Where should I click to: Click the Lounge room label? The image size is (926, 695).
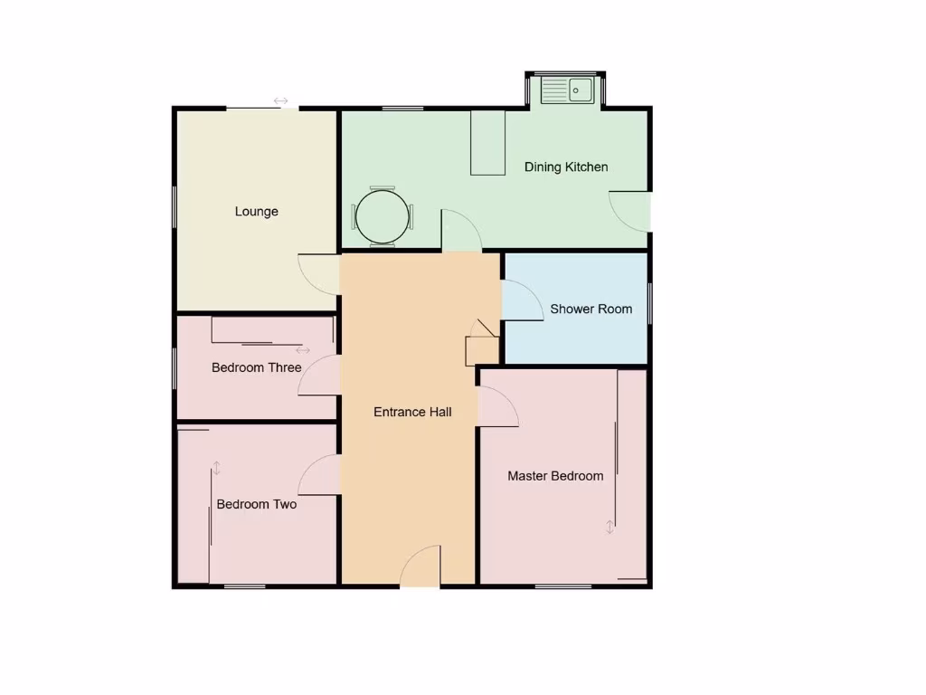pos(257,212)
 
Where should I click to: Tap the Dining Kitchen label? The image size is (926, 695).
pos(566,167)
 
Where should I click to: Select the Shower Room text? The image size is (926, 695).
pos(591,309)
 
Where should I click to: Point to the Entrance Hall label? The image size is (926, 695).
pos(412,413)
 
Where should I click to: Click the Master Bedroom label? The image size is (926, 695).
pos(555,476)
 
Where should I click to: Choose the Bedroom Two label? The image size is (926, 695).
pos(257,505)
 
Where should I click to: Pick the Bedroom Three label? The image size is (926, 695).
pos(257,368)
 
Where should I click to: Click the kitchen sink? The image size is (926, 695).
pos(567,90)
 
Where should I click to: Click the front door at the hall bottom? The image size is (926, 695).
pos(421,567)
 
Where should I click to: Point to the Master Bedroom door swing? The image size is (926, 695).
pos(496,405)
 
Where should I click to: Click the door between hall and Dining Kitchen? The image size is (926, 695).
pos(460,232)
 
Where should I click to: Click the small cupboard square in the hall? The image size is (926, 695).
pos(480,349)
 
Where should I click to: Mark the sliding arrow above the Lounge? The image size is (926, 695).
pos(280,100)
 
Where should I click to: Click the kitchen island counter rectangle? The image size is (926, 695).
pos(487,143)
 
